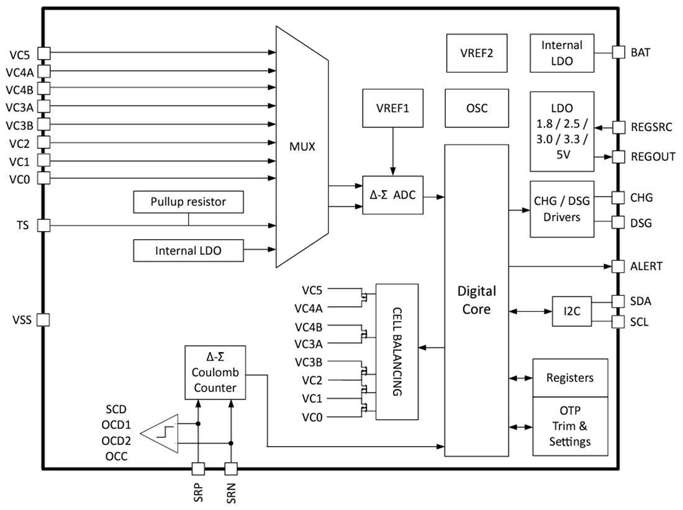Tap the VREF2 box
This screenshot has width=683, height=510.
477,53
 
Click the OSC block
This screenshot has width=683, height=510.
477,108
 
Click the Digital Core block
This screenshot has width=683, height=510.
476,299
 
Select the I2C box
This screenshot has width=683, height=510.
572,311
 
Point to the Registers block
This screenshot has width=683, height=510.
569,378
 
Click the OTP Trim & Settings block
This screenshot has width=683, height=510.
569,426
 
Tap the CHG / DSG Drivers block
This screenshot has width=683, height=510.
561,209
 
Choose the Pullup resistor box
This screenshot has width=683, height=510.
188,202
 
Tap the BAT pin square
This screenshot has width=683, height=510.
618,52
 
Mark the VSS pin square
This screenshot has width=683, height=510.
43,319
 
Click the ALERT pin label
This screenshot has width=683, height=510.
646,266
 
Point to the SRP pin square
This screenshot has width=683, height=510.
198,468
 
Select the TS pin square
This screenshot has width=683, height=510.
43,225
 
